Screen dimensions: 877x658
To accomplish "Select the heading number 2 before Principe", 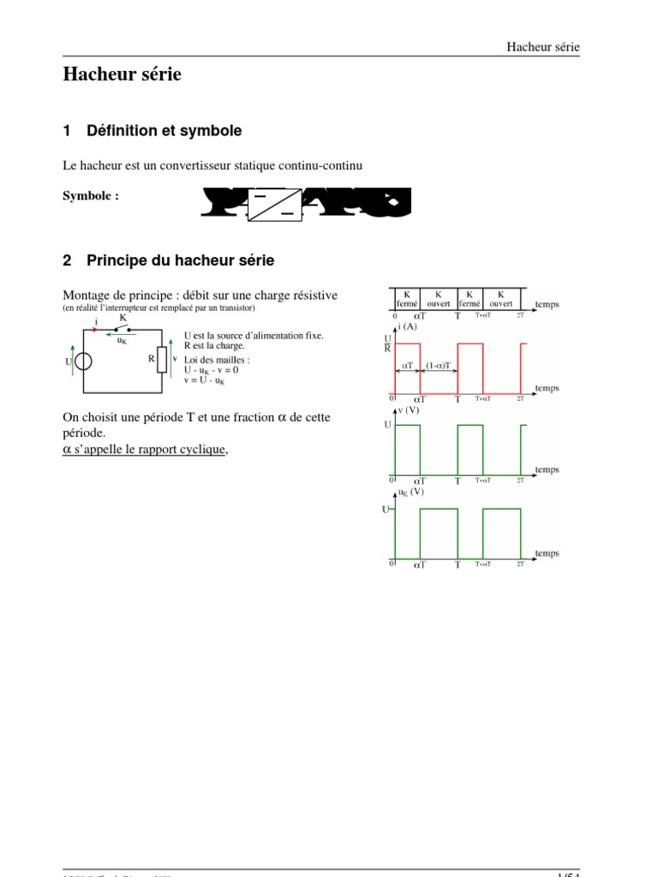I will click(x=68, y=260).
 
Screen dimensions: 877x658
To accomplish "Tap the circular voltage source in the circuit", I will click(x=82, y=361).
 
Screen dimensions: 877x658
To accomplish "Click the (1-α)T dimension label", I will click(x=440, y=365).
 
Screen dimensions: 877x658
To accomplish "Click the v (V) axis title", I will click(x=408, y=409).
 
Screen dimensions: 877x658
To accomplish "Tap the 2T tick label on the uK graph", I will click(x=520, y=564).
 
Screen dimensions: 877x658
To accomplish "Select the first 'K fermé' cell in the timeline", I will click(x=406, y=298).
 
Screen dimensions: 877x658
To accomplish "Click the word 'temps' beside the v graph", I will click(x=547, y=469).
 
